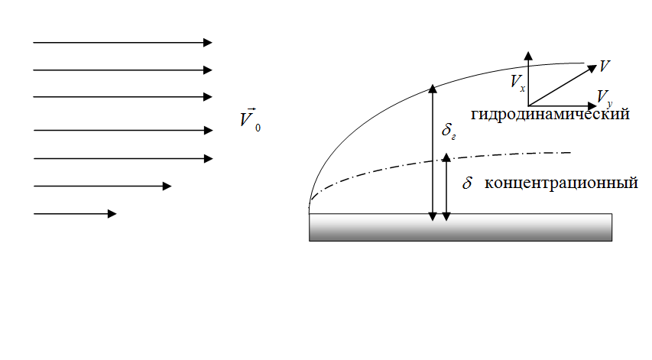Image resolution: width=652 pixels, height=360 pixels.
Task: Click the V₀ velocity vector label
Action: point(248,120)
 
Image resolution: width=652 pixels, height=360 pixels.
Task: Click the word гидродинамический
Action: point(550,115)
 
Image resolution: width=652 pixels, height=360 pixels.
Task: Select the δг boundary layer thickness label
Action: point(449,131)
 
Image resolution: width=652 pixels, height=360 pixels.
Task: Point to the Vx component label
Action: point(517,83)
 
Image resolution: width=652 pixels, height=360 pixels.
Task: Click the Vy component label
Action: point(604,96)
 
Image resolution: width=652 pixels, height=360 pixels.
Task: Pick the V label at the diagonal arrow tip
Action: point(605,66)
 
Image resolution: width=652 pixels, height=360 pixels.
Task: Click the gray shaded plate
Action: point(460,227)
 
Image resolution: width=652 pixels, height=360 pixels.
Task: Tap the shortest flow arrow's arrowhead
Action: point(112,214)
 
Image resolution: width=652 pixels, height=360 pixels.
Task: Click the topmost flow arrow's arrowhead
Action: point(208,43)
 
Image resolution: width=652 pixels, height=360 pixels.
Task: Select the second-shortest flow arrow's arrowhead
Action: point(167,186)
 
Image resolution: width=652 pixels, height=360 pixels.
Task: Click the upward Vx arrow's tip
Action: point(528,54)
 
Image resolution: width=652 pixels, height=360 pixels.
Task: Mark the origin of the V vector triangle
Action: point(528,105)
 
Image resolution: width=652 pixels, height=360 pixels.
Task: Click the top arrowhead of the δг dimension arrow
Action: point(433,86)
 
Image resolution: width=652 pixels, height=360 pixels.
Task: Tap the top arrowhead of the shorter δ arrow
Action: point(447,157)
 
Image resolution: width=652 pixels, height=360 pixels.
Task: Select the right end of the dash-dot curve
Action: point(571,153)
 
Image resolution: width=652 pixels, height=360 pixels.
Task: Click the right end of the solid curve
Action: point(584,63)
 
